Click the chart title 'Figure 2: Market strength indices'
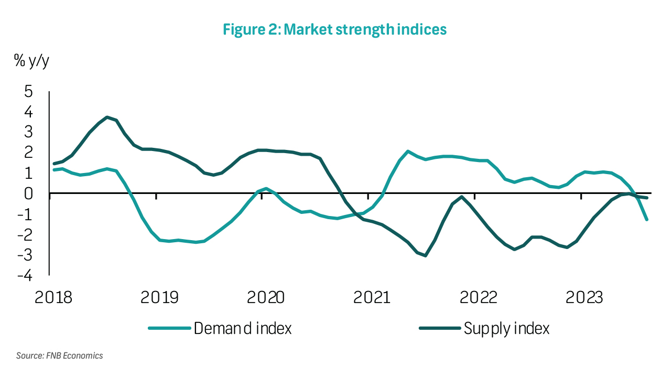(334, 29)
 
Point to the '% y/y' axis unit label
(32, 61)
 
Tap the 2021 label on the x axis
(371, 297)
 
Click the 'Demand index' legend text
(243, 329)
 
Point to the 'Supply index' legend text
(506, 329)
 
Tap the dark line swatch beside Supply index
(439, 329)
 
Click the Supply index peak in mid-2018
(107, 117)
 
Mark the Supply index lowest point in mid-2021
(425, 255)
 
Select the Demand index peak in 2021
(408, 151)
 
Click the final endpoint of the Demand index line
(647, 220)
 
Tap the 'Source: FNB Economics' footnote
(59, 356)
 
